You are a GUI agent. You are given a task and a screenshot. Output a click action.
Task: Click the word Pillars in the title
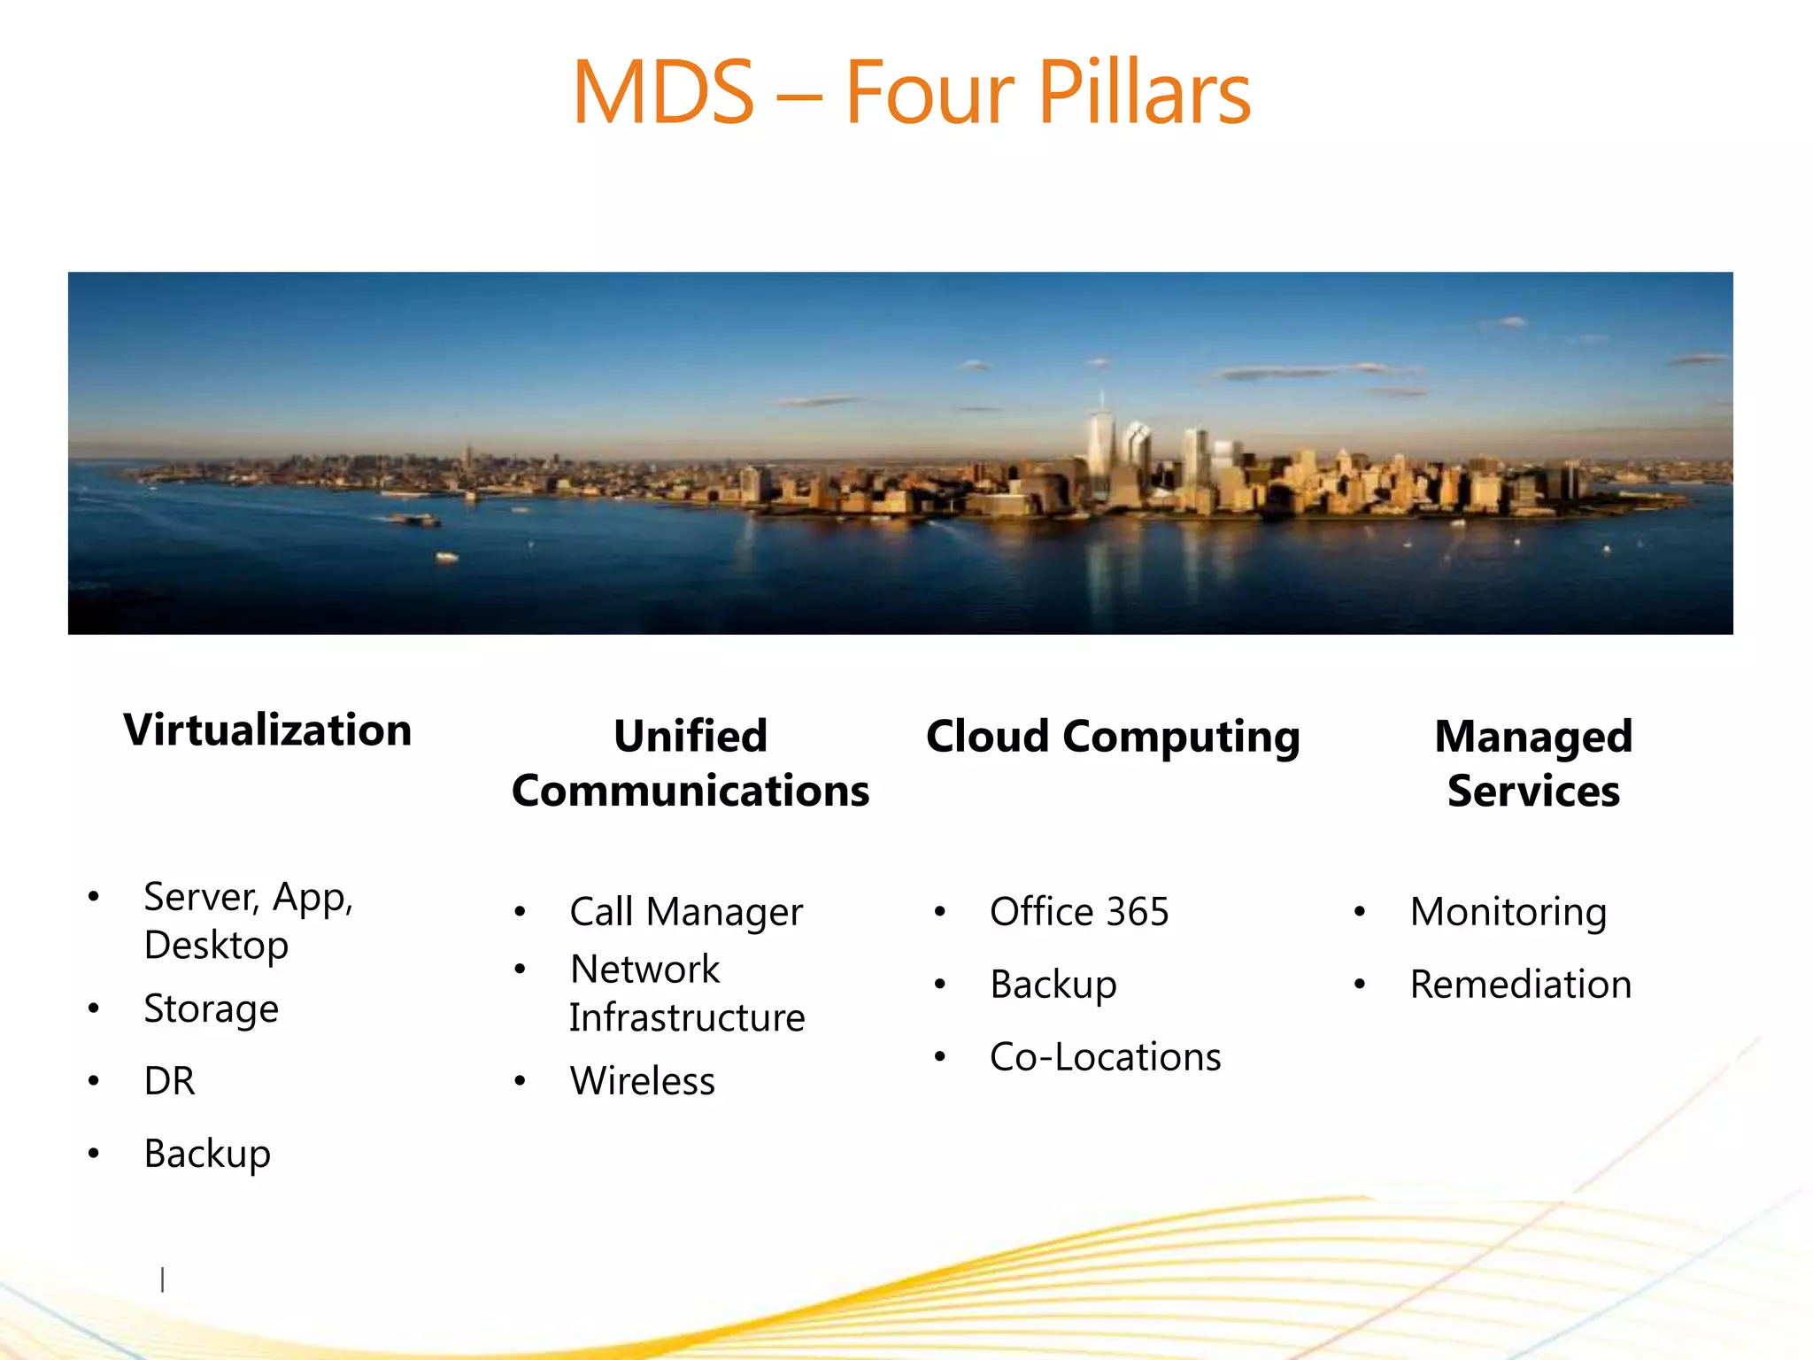1143,92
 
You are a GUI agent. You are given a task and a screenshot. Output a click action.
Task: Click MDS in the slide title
663,92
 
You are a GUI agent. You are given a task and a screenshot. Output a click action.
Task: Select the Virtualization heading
267,730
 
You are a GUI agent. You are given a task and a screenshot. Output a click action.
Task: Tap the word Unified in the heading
690,737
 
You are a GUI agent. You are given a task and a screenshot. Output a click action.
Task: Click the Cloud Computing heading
1113,737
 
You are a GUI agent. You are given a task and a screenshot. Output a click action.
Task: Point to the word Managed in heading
1533,737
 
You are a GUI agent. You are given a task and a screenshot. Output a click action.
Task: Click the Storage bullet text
212,1009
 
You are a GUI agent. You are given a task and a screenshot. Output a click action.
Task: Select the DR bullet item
169,1081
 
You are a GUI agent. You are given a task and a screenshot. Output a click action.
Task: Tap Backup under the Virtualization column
207,1154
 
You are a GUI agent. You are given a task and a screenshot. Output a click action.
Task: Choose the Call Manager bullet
686,912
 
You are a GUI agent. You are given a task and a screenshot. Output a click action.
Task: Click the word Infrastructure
687,1018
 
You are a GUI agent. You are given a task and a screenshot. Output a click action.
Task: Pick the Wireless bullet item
643,1081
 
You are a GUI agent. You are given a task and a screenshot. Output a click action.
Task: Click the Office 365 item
1079,912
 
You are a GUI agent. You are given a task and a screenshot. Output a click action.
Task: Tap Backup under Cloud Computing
1053,985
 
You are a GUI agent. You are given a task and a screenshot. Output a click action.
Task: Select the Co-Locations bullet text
1105,1057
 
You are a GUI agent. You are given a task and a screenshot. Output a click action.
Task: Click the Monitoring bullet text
1508,912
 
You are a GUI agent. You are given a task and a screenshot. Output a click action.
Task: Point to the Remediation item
1520,985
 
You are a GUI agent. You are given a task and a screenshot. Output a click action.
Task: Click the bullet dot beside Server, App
94,896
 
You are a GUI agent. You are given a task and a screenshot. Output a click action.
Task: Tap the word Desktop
216,946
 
